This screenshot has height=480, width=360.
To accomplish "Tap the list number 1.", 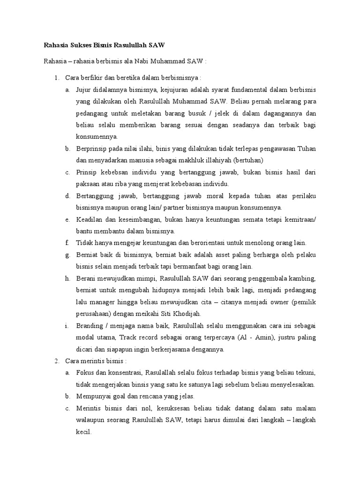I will pos(55,77).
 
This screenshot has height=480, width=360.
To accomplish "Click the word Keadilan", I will pos(90,219).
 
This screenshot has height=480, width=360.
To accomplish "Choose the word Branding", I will pos(90,326).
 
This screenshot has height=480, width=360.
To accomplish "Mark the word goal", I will pos(121,397).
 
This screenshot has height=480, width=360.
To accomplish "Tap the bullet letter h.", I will pos(67,278).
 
